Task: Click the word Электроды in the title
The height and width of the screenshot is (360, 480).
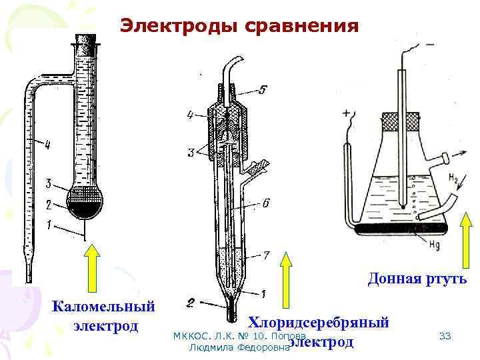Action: [170, 26]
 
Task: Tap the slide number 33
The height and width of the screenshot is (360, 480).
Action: [445, 336]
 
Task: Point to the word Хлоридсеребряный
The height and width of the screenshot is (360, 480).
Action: [319, 323]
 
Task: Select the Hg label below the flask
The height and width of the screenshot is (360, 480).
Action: [434, 245]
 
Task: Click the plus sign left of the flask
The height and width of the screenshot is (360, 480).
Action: [347, 114]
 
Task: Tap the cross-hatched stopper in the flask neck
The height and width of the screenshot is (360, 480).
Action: [400, 122]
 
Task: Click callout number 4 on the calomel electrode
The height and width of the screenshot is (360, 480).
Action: [47, 143]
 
